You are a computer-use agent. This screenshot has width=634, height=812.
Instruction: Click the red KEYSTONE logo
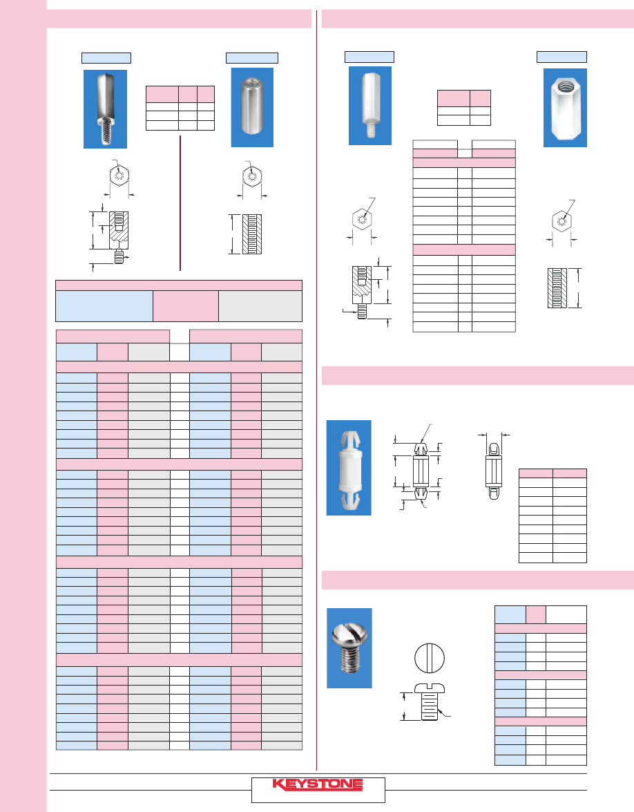pos(317,784)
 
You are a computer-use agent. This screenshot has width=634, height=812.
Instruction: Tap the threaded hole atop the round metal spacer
pos(253,82)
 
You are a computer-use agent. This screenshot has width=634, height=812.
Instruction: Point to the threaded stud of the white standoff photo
pos(371,129)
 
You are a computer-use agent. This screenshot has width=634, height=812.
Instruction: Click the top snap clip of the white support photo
pos(350,441)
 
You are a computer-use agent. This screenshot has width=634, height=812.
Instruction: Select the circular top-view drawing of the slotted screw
pos(430,658)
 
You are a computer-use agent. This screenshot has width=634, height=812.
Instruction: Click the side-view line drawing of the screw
pos(430,701)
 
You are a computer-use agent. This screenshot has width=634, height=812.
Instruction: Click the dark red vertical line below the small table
pos(180,203)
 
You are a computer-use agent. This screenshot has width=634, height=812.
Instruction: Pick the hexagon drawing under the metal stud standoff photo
pos(119,176)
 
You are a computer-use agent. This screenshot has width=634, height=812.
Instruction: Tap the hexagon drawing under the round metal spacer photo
pos(252,176)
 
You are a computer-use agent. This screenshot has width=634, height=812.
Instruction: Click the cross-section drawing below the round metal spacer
pos(252,234)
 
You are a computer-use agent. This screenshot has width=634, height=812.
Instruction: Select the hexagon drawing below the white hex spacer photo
pos(561,222)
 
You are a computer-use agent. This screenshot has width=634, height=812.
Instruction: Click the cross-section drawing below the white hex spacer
pos(557,288)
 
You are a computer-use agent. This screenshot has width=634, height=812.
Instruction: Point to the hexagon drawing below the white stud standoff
pos(362,219)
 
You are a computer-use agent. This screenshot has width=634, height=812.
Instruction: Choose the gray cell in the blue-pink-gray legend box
pos(260,306)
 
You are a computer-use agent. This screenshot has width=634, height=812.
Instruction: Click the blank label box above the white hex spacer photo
pos(561,57)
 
